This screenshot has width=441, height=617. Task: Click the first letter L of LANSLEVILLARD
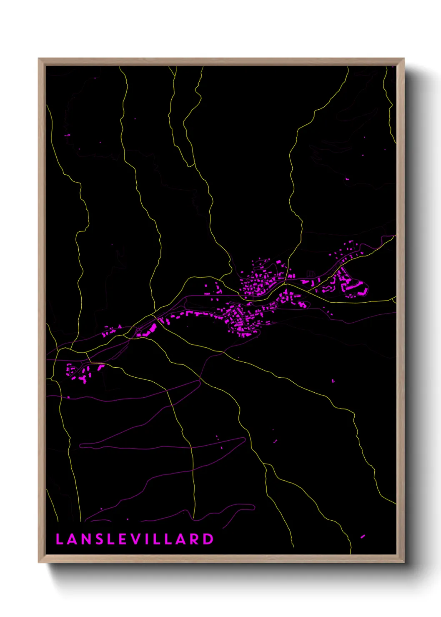(x=59, y=539)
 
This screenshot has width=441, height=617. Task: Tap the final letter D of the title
(x=208, y=539)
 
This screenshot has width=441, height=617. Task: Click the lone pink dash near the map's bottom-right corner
(x=363, y=537)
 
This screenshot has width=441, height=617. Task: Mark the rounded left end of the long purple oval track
(x=81, y=446)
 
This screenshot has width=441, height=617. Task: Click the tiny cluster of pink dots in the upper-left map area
(x=68, y=135)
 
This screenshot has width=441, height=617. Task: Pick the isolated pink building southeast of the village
(x=333, y=381)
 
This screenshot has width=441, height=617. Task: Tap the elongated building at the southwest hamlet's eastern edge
(x=100, y=367)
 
